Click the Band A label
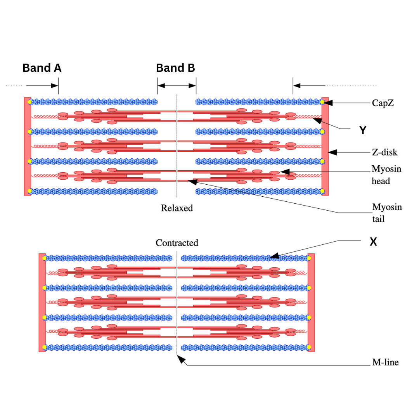pos(42,68)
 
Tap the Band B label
pos(175,68)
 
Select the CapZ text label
pos(383,103)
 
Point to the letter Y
pos(362,131)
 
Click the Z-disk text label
pos(384,152)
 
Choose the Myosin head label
pos(386,175)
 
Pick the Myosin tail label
pos(387,213)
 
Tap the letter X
pos(373,242)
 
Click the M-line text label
pos(385,363)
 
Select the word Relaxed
pos(177,208)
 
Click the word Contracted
pos(177,243)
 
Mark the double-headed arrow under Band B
pos(177,85)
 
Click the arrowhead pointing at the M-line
pos(181,360)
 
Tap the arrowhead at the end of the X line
pos(274,256)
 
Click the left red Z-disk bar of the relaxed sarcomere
pos(27,146)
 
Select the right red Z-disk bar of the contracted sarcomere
pos(311,303)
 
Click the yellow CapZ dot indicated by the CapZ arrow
pos(322,102)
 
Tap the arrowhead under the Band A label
pos(55,85)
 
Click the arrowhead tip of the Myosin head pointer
pos(283,171)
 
